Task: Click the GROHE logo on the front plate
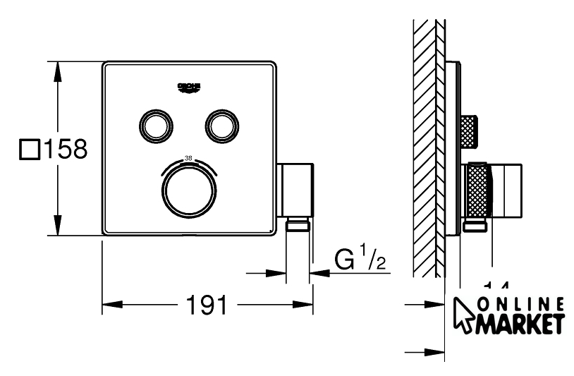coord(189,87)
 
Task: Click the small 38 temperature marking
coord(188,157)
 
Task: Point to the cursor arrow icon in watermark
coord(465,315)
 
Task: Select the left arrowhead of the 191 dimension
coord(109,306)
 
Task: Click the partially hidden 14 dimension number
coord(496,285)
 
